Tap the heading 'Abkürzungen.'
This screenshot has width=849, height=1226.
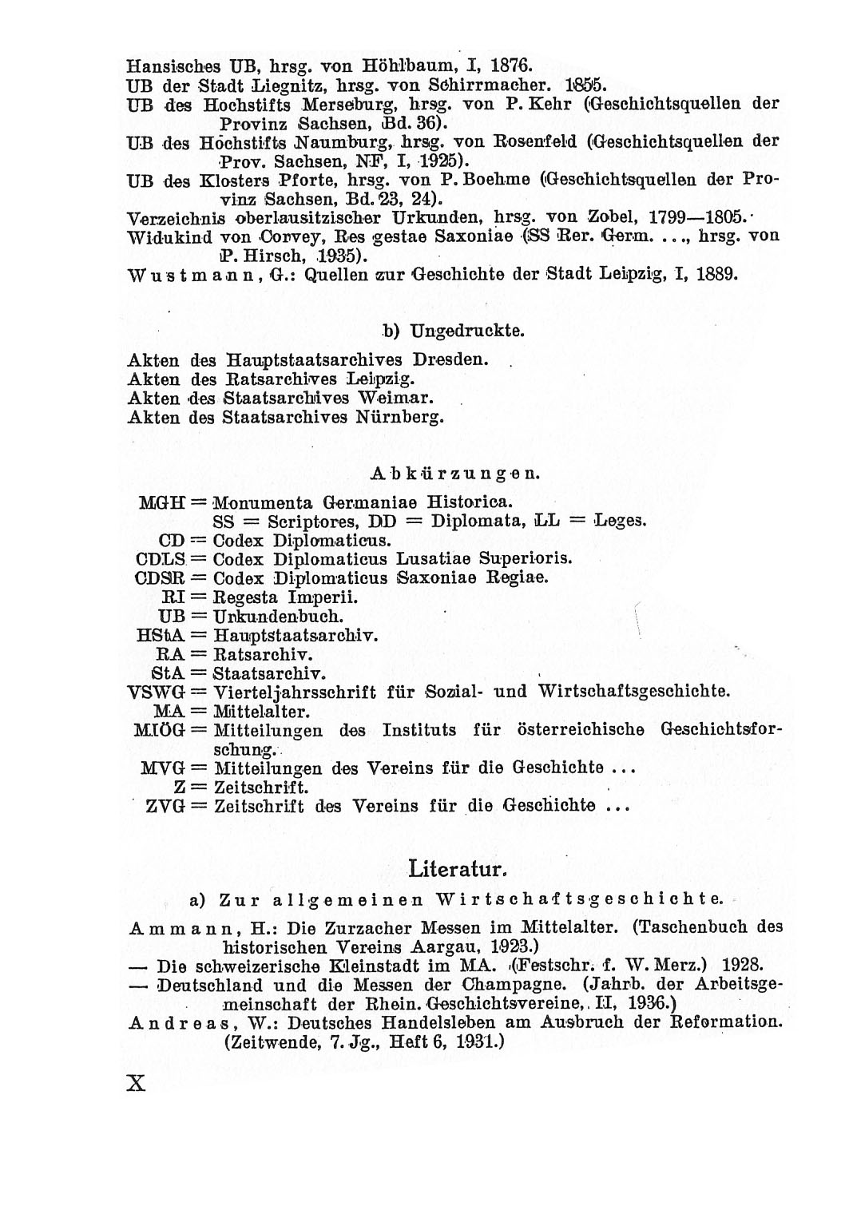pos(456,473)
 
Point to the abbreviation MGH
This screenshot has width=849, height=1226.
pos(162,503)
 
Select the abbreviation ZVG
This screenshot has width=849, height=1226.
pos(165,806)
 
